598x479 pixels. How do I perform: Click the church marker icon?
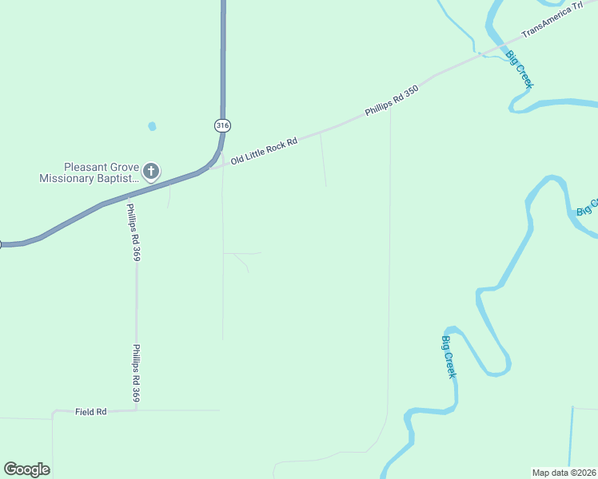coord(150,170)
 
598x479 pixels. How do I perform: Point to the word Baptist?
coord(116,179)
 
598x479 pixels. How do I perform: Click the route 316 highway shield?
coord(222,125)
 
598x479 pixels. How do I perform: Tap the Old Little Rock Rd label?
coord(264,151)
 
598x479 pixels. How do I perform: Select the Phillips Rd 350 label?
coord(392,102)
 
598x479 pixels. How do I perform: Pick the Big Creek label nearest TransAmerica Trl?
coord(520,69)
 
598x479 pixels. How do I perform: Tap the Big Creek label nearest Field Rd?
coord(449,357)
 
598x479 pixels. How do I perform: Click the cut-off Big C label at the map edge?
coord(588,208)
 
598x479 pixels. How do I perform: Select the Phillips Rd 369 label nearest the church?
coord(133,232)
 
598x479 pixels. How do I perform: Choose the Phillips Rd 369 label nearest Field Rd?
coord(138,373)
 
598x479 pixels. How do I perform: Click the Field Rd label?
coord(91,412)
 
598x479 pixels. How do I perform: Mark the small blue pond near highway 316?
coord(152,126)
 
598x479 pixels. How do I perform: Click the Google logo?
coord(26,469)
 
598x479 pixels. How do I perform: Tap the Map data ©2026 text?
coord(564,472)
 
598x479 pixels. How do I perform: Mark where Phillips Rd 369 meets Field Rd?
coord(137,410)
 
